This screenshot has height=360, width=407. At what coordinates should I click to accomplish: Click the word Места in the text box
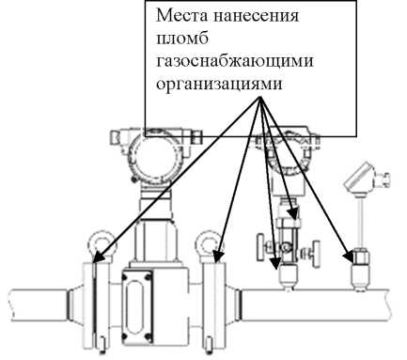coord(180,18)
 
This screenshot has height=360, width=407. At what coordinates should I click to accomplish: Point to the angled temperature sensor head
coord(360,179)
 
